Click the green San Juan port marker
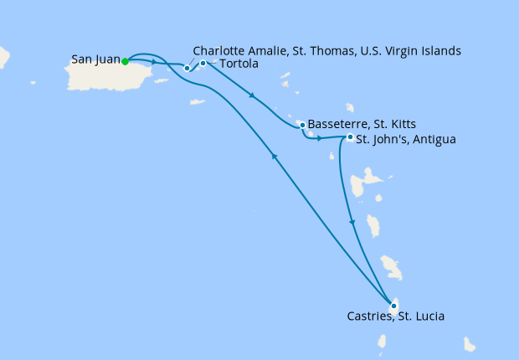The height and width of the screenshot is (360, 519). tap(125, 61)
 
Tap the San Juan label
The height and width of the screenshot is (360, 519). tap(95, 60)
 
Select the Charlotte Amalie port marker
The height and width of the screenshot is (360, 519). tap(188, 68)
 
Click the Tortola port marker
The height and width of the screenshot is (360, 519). tap(203, 63)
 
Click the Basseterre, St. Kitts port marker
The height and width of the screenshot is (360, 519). tap(301, 125)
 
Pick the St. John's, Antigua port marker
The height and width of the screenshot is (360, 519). tap(350, 137)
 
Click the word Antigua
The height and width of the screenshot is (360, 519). tap(433, 139)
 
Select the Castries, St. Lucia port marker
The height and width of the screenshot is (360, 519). tap(393, 306)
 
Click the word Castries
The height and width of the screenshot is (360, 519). tap(369, 317)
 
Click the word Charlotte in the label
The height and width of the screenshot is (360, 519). tap(219, 51)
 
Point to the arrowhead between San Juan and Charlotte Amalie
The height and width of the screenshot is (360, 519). tap(155, 63)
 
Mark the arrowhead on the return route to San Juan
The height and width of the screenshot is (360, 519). tap(273, 156)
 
